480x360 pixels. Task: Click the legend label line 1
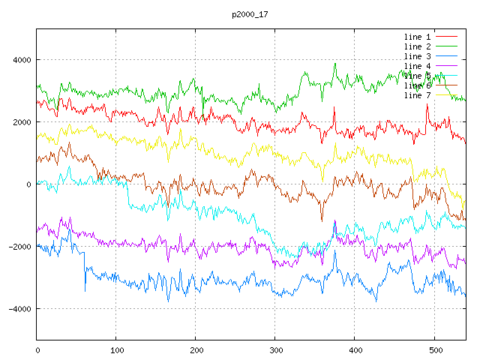[x=417, y=37]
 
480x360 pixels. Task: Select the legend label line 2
[x=417, y=46]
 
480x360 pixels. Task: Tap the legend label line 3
[x=417, y=56]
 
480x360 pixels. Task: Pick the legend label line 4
[x=417, y=66]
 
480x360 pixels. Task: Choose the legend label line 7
[x=417, y=95]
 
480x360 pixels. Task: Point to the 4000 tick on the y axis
[x=21, y=60]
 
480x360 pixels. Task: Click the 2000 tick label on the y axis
[x=21, y=122]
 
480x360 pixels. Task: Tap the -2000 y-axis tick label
[x=19, y=247]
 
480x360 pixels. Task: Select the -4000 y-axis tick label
[x=19, y=309]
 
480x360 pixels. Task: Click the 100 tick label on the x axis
[x=116, y=349]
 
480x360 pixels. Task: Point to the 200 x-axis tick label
[x=196, y=349]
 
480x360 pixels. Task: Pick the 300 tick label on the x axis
[x=275, y=349]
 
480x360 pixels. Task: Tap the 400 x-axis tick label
[x=355, y=349]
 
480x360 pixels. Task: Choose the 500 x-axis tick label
[x=434, y=349]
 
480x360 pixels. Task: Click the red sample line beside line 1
[x=447, y=37]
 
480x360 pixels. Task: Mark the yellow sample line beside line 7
[x=447, y=95]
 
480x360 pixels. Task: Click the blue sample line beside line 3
[x=447, y=56]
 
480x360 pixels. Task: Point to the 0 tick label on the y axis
[x=28, y=184]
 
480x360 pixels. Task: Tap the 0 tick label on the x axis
[x=37, y=349]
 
